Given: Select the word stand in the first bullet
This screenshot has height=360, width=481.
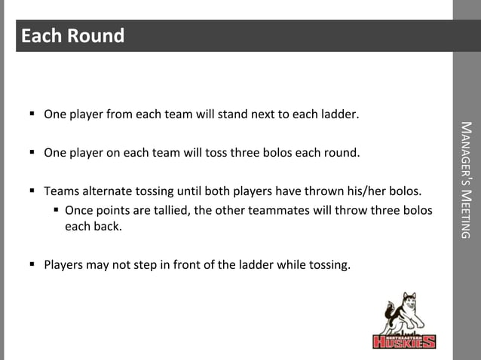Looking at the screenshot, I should (234, 115).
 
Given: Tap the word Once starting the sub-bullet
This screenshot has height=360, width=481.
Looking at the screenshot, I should (79, 209).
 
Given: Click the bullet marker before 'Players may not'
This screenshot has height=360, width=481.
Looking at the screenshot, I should (33, 264).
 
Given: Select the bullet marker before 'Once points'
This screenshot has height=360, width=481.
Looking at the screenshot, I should (55, 209).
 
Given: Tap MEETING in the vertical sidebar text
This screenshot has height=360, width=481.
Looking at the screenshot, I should (467, 212).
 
